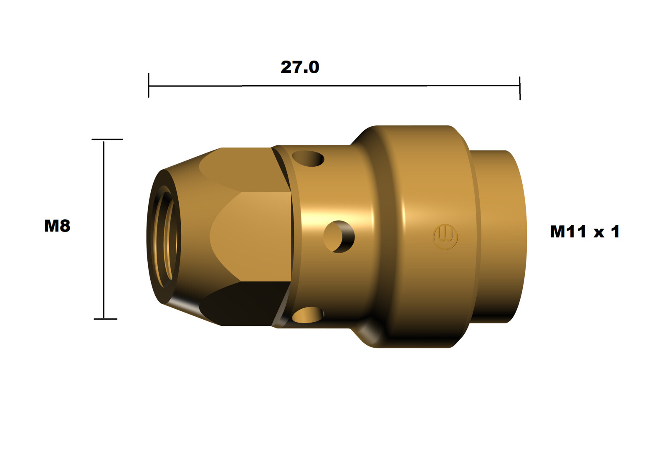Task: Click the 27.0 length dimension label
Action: pos(300,67)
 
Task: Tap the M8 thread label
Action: pos(57,226)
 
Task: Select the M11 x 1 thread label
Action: pos(584,231)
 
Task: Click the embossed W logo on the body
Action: pos(445,237)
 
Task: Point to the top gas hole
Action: pos(308,158)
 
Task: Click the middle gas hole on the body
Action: pos(339,237)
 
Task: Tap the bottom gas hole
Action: pos(308,315)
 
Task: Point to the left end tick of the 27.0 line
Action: pos(149,85)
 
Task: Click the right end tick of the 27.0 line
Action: pos(520,88)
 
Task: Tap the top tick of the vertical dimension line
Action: pos(107,139)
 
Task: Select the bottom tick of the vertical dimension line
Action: pos(105,319)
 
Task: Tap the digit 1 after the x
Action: pos(615,231)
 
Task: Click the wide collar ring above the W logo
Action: pos(426,167)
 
